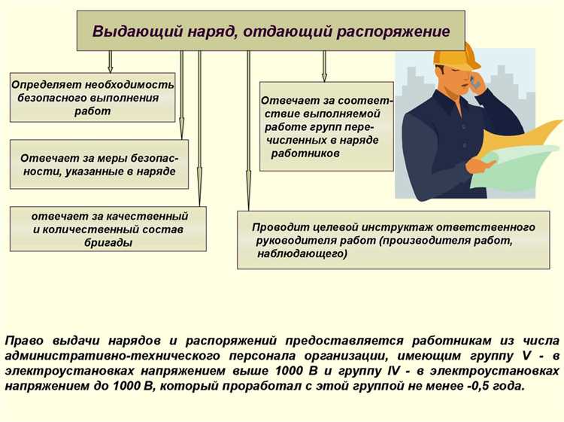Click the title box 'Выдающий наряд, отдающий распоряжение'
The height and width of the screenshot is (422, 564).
point(271,31)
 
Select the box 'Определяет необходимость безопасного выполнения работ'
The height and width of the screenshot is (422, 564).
point(92,98)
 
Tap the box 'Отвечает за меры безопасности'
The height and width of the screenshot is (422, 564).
point(99,165)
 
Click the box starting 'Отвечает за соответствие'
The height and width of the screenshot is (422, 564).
point(326,126)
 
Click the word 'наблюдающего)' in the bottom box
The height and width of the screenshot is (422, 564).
point(302,254)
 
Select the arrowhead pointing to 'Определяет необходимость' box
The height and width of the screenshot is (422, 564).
point(111,68)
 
